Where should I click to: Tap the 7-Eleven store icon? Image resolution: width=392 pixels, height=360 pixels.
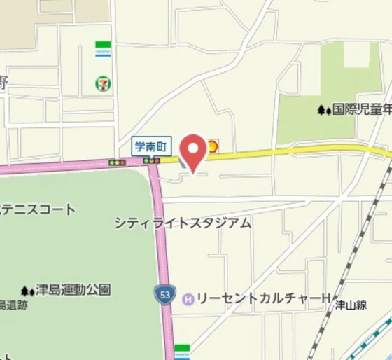[103, 83]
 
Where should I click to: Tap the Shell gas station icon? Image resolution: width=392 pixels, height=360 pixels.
[212, 146]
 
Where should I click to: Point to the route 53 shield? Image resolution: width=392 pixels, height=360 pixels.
[165, 296]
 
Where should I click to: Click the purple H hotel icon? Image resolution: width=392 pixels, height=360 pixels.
[188, 299]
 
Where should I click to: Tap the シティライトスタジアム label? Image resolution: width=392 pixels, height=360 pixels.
[183, 223]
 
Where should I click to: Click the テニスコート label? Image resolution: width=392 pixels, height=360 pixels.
[38, 209]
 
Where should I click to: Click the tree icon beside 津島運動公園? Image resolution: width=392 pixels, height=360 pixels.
[27, 290]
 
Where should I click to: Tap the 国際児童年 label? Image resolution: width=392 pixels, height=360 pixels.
[360, 109]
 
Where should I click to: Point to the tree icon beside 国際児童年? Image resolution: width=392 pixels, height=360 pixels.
[323, 110]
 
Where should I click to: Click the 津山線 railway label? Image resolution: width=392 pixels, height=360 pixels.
[351, 305]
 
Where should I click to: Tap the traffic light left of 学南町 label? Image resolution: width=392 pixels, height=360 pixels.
[116, 162]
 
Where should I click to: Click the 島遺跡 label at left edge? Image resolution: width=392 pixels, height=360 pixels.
[13, 305]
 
